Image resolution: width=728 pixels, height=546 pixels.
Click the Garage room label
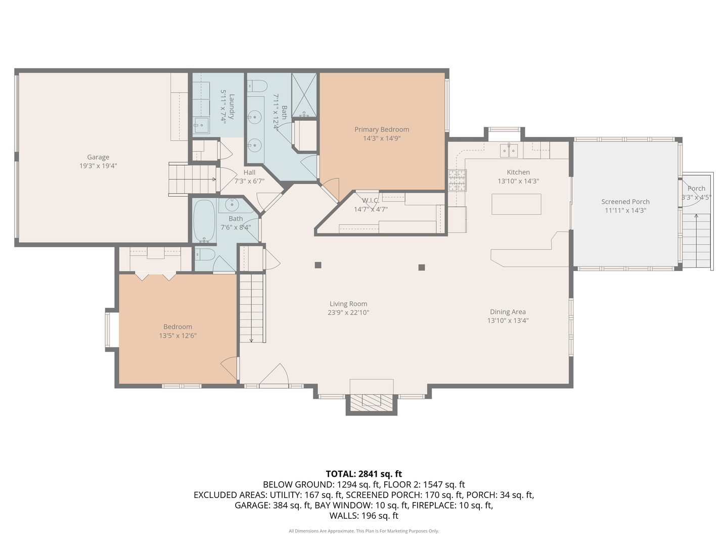click(x=98, y=157)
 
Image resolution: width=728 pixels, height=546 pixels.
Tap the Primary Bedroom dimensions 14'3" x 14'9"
click(x=382, y=138)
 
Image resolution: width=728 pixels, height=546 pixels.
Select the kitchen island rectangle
click(x=516, y=204)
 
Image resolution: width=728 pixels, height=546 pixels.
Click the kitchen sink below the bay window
click(x=509, y=151)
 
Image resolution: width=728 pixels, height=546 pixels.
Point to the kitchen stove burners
click(x=458, y=180)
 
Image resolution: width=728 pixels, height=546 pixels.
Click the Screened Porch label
click(x=625, y=202)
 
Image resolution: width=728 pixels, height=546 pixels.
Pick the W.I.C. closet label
click(x=371, y=201)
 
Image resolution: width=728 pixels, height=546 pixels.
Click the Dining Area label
click(x=508, y=311)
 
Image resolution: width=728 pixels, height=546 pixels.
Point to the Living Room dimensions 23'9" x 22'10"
click(x=348, y=312)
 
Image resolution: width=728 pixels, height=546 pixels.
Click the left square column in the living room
click(x=317, y=265)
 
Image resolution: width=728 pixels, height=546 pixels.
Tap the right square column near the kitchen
click(x=422, y=267)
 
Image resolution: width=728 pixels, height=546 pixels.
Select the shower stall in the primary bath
click(x=304, y=95)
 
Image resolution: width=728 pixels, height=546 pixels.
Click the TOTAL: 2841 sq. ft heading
click(x=364, y=474)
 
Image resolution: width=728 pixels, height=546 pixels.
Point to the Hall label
click(x=249, y=172)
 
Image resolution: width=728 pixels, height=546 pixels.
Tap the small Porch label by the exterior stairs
click(x=696, y=188)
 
